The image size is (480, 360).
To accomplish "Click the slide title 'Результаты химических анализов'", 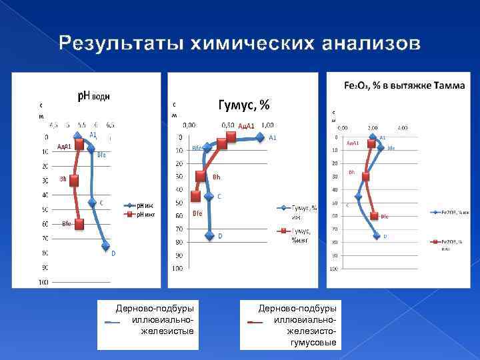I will pos(240,44).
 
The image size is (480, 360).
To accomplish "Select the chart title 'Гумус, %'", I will pos(244,105).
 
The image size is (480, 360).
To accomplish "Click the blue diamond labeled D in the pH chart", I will pos(105,246).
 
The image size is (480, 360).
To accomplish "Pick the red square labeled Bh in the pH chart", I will pos(73,180).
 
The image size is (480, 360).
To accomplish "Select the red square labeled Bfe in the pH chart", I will pos(79,224).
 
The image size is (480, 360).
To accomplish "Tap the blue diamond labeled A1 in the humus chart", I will pos(260,137).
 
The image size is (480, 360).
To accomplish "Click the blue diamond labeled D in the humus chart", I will pos(211,235).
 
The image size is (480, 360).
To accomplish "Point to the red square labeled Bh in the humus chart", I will pos(200,176).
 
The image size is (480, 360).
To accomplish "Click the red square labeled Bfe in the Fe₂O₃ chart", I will pos(375,216).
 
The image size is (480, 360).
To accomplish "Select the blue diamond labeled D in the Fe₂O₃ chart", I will pos(377,235).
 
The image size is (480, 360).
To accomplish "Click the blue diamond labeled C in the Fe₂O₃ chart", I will pos(359,196).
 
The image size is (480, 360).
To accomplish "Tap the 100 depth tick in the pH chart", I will pos(43,282).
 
